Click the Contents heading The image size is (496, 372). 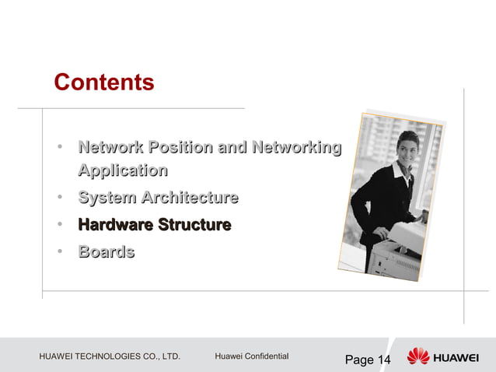pos(104,82)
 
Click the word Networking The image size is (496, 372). pos(295,147)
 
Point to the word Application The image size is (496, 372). pos(123,170)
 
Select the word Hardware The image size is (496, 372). pos(114,226)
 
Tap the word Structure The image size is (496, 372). pos(194,226)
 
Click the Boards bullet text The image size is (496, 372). pos(106,252)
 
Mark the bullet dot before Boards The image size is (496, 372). pos(59,253)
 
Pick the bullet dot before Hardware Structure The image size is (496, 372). pos(59,226)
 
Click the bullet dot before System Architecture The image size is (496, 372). pos(59,198)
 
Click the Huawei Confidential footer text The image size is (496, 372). pos(251,356)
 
